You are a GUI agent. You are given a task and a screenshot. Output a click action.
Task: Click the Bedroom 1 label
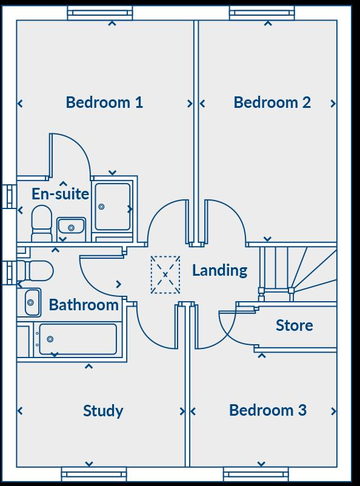pos(104,102)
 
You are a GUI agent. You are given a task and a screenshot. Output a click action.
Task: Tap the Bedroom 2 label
pos(272,102)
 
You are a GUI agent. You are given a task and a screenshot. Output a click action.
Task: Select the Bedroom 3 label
pos(267,410)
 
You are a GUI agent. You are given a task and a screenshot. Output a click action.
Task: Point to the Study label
pos(103,411)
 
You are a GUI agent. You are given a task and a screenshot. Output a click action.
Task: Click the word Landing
pos(219,270)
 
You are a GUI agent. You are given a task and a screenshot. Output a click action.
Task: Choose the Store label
pos(295,325)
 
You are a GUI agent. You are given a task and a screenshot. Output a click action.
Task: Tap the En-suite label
pos(61,194)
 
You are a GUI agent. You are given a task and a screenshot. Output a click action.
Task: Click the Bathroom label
pos(84,305)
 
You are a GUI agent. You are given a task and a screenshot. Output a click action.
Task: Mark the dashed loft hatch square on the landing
pos(165,275)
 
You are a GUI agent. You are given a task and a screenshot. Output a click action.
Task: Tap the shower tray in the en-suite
pos(113,207)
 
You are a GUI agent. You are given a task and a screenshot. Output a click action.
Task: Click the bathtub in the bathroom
pos(77,339)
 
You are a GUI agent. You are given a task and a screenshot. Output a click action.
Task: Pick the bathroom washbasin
pos(32,302)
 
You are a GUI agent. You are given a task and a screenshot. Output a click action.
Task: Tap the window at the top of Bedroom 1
pos(99,13)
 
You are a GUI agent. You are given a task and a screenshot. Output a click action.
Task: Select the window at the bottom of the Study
pos(94,473)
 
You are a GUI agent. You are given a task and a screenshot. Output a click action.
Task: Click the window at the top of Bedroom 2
pos(262,13)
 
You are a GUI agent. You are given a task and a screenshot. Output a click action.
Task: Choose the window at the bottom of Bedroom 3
pos(256,473)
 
